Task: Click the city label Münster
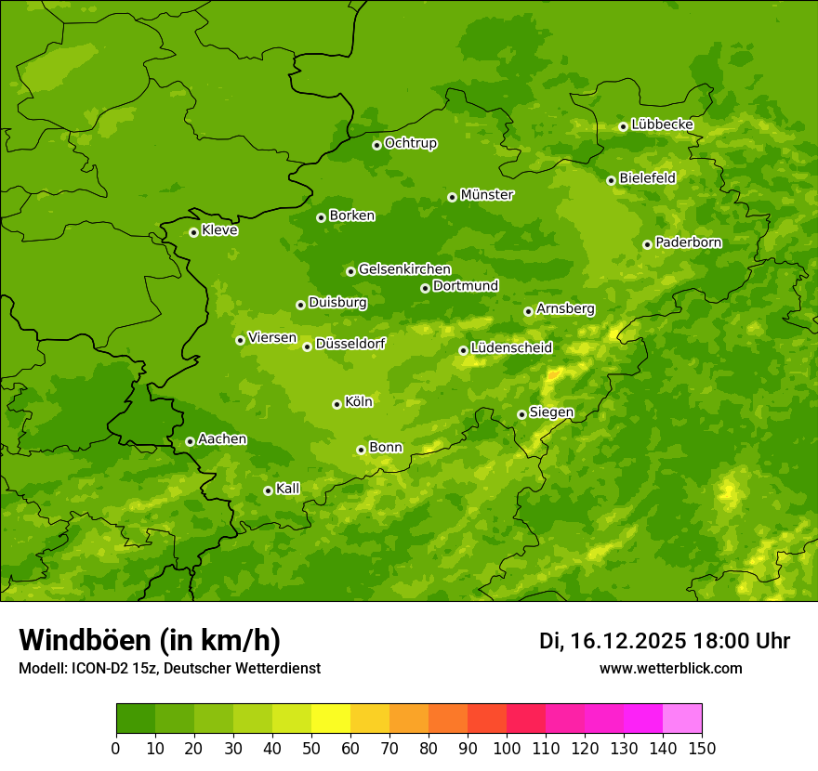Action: point(487,195)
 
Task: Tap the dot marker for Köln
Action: point(336,404)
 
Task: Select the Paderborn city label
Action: point(689,242)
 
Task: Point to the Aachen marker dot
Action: point(190,441)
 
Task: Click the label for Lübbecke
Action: point(662,124)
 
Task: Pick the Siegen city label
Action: point(551,412)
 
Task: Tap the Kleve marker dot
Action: point(193,232)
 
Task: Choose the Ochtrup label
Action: point(411,143)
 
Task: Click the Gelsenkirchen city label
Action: point(404,269)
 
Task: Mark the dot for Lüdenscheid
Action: point(463,350)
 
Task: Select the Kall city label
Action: point(288,489)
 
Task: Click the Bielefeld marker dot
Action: point(611,180)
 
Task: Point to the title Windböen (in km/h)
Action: point(150,640)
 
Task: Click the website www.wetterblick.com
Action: point(670,668)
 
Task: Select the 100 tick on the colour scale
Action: point(507,749)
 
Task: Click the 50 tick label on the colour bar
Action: point(311,749)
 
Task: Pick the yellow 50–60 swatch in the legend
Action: point(331,719)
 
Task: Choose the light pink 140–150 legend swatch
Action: point(682,719)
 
